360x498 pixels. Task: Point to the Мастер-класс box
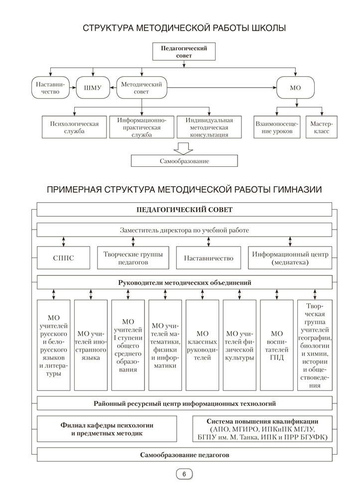321,127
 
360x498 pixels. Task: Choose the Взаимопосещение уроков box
277,127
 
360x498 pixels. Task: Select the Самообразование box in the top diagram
184,161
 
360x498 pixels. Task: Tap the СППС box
63,258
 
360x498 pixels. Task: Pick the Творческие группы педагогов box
133,258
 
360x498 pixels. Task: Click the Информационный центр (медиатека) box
290,258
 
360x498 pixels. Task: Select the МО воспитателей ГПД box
277,345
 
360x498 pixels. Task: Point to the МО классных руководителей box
202,345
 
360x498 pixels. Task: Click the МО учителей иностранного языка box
91,345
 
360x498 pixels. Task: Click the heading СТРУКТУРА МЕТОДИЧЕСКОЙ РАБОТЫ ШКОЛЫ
184,28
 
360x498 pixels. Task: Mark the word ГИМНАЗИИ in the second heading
295,190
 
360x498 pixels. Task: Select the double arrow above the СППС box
63,241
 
